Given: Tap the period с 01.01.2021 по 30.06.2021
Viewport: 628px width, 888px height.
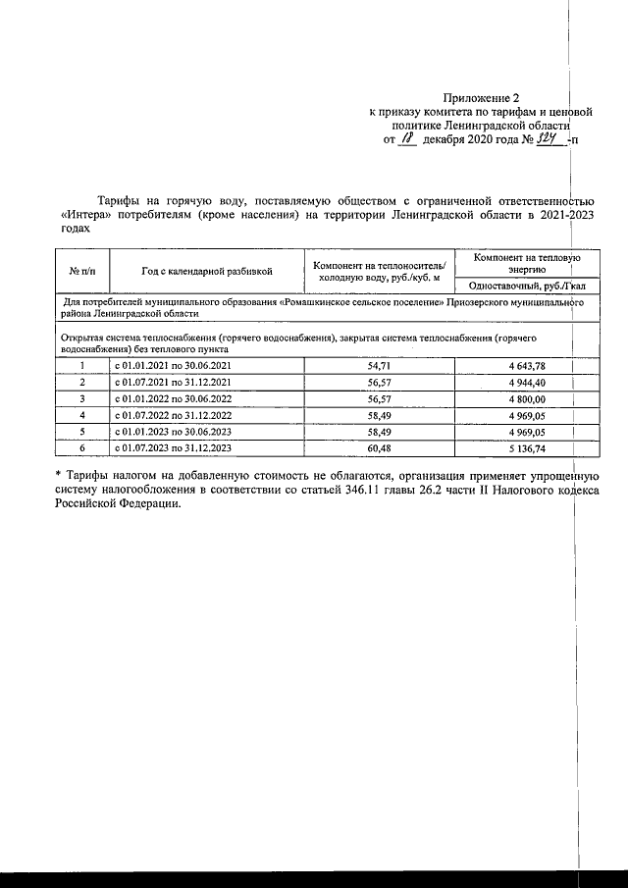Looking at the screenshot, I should click(x=173, y=365).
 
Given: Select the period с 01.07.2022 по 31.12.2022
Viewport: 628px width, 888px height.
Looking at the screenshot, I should click(x=173, y=414).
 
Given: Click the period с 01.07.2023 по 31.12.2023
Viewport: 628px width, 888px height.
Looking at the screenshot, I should click(x=173, y=446).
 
